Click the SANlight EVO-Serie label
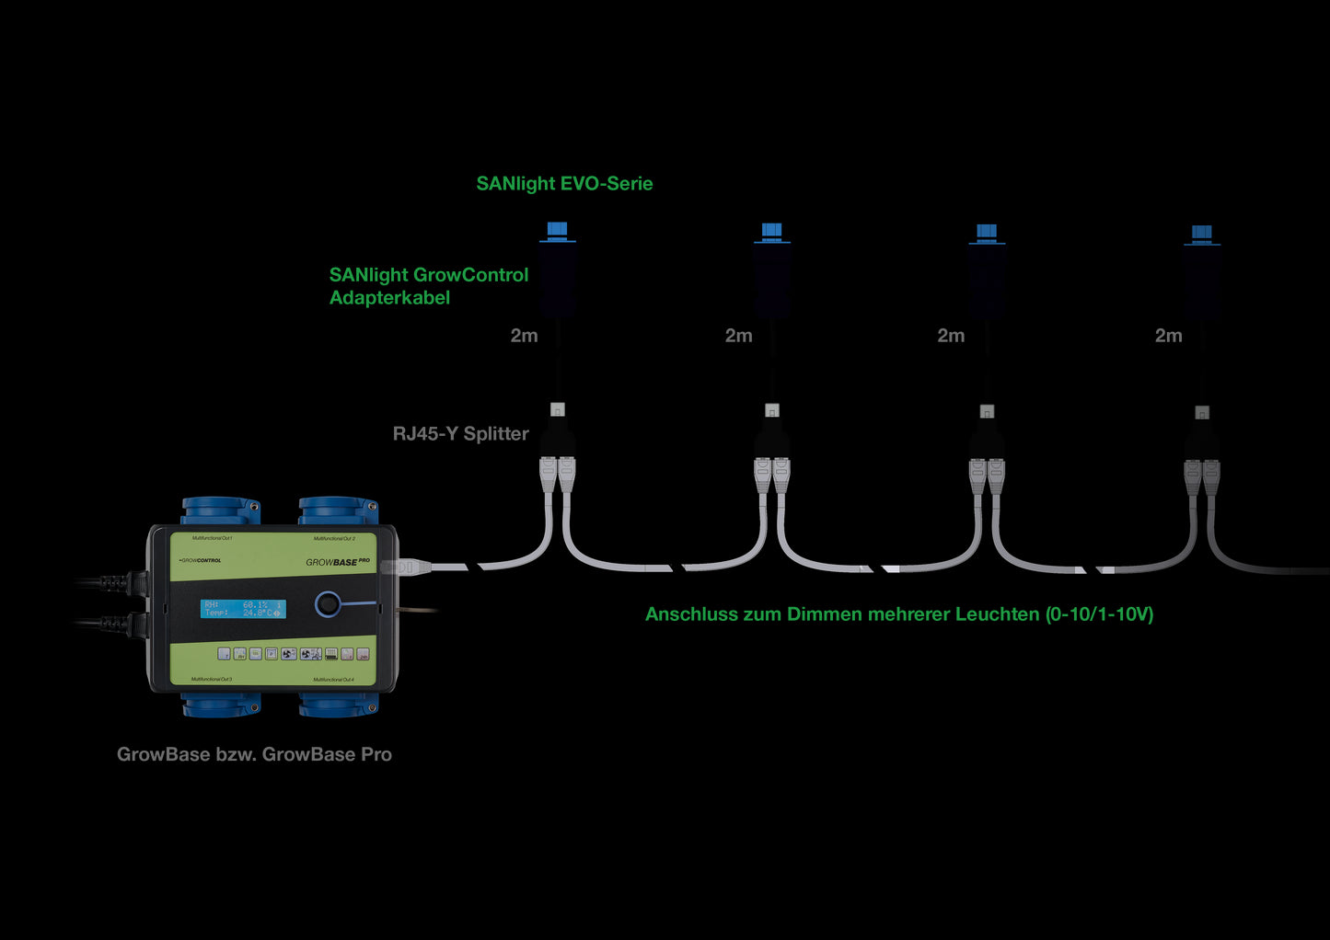tap(564, 183)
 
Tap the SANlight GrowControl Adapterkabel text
tap(428, 286)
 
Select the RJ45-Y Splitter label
tap(460, 433)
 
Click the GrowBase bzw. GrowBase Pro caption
tap(254, 754)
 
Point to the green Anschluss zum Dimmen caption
tap(898, 614)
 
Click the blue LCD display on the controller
tap(243, 609)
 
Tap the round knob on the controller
tap(328, 604)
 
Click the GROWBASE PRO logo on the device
tap(338, 561)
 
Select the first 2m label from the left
tap(524, 336)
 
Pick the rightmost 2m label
tap(1168, 336)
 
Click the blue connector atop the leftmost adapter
tap(557, 230)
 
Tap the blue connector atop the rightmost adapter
tap(1201, 233)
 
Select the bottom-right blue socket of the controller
tap(338, 705)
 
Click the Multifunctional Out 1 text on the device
tap(212, 538)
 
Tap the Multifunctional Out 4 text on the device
tap(333, 680)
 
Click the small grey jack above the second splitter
tap(772, 410)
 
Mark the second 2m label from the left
tap(738, 336)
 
